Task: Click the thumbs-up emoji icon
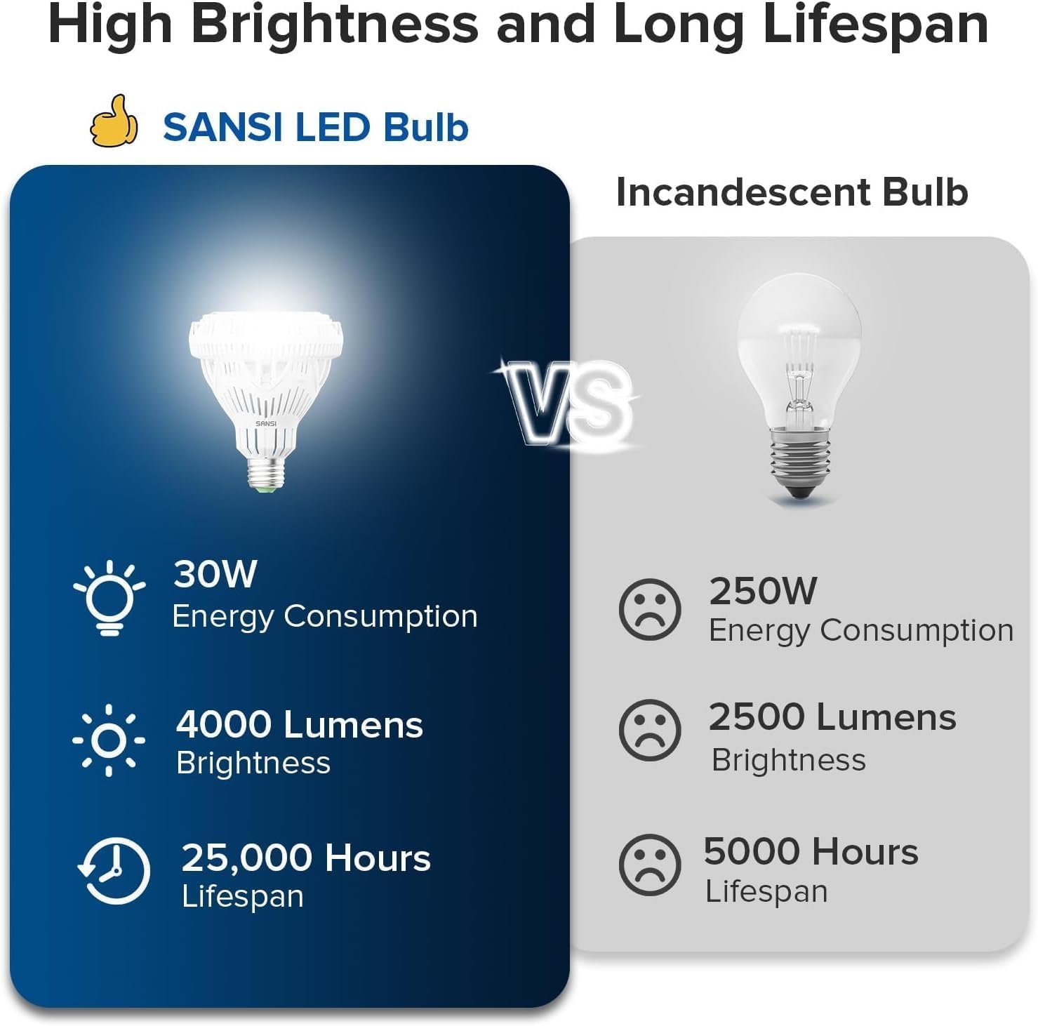(x=114, y=121)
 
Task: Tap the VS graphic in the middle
(x=567, y=404)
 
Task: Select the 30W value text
(x=215, y=573)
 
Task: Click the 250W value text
(x=763, y=591)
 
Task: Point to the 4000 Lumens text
(x=300, y=724)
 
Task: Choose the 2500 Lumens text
(x=832, y=717)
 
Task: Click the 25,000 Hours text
(x=306, y=858)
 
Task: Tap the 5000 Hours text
(x=811, y=851)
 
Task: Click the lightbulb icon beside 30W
(x=109, y=598)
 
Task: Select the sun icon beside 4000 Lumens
(x=109, y=740)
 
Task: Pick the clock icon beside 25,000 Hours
(x=114, y=871)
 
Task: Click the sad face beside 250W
(x=650, y=608)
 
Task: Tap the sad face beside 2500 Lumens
(x=650, y=730)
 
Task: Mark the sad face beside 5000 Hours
(x=650, y=865)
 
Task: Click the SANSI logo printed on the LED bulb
(x=266, y=423)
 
